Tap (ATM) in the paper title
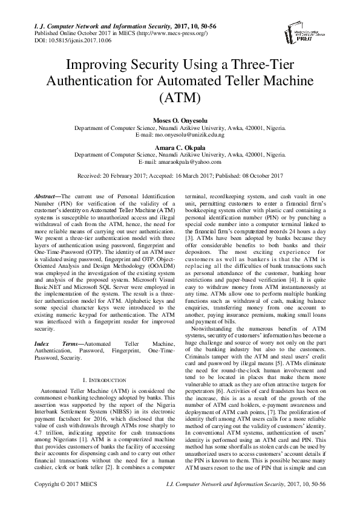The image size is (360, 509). click(x=180, y=96)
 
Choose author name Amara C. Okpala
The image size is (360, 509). click(x=180, y=148)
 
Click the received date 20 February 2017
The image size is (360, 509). click(x=125, y=175)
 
